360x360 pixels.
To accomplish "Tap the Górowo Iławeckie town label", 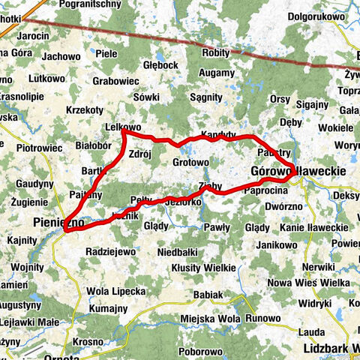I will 298,171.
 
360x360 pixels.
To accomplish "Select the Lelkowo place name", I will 124,127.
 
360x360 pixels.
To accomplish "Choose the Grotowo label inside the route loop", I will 190,162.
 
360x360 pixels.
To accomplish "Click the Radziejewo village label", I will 110,251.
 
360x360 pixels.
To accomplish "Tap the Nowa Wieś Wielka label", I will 319,282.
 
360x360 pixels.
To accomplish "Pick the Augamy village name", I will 217,74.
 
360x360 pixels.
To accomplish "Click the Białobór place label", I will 94,145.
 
